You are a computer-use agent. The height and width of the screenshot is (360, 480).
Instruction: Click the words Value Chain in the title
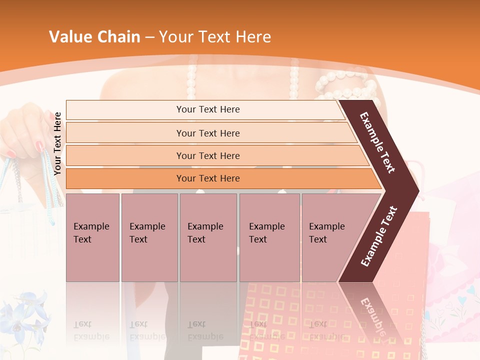pos(94,36)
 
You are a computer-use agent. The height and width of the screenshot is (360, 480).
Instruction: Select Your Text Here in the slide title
pos(215,36)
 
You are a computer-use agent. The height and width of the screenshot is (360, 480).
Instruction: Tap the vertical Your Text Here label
pos(57,143)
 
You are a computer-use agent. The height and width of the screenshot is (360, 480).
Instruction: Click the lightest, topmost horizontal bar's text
pos(208,109)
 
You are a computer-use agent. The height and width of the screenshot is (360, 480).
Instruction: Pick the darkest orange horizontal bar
pos(208,178)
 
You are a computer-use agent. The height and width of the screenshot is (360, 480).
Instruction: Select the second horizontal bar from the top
pos(208,133)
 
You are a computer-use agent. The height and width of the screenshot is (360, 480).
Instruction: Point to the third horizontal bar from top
pos(208,155)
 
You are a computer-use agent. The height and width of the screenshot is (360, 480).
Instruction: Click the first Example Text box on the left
pos(92,233)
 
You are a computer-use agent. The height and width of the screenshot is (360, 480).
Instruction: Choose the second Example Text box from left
pos(148,233)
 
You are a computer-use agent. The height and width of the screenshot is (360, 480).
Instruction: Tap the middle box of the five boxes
pos(207,233)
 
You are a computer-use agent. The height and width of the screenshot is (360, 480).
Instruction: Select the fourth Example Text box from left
pos(268,233)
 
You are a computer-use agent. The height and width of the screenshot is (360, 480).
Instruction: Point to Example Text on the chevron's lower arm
pos(379,236)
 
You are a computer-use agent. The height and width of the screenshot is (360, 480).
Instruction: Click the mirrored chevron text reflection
pos(372,315)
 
